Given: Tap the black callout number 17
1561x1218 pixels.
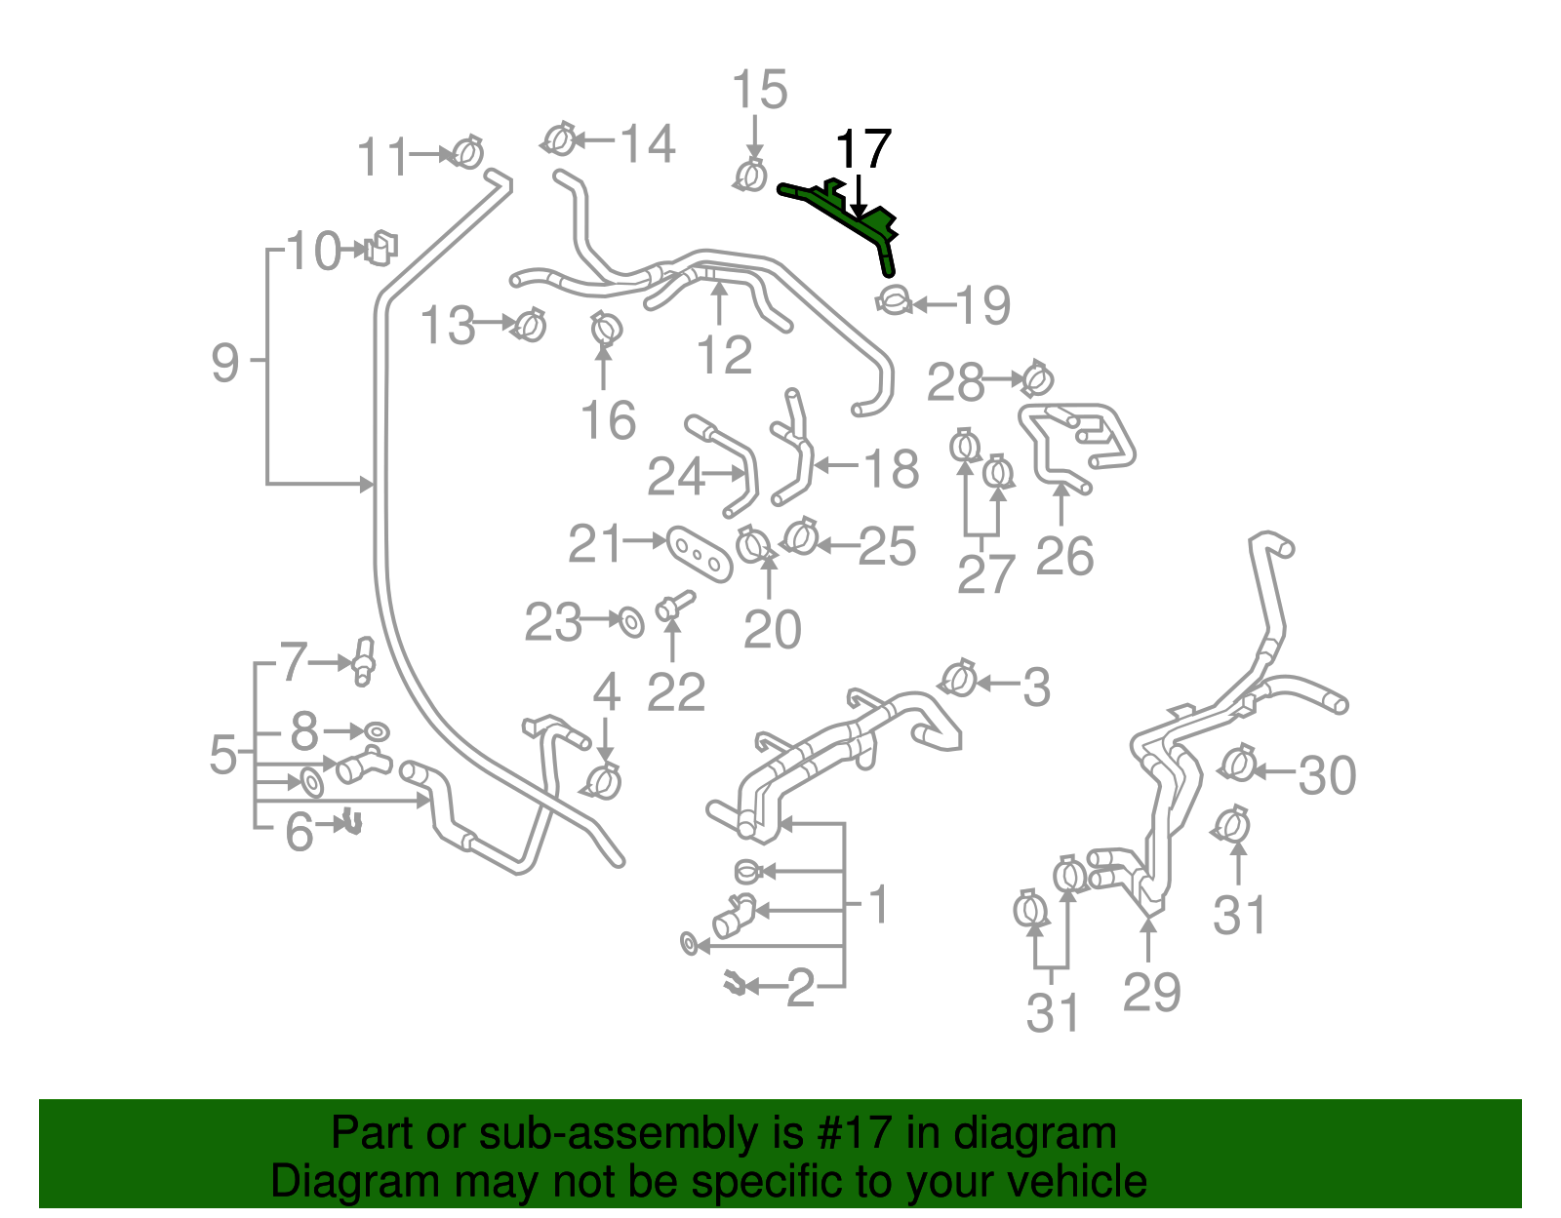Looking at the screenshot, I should (x=863, y=149).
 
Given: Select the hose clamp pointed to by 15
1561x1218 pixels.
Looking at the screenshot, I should (x=750, y=177).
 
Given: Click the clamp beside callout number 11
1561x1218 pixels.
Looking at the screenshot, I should (x=468, y=152).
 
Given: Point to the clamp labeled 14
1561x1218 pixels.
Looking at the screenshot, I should (x=558, y=139).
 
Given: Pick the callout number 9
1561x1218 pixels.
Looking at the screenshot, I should (x=224, y=364).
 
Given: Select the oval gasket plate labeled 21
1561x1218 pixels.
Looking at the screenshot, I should (x=700, y=554).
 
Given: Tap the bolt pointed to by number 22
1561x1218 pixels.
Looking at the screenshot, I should (x=673, y=605).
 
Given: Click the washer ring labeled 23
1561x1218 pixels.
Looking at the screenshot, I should (x=631, y=620).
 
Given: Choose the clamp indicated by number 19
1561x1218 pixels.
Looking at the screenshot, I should (x=894, y=299).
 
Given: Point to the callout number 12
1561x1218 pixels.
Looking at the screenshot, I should (x=724, y=355).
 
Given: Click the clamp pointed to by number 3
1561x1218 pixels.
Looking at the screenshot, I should (x=959, y=678).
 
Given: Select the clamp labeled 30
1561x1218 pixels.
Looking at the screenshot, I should (x=1238, y=764).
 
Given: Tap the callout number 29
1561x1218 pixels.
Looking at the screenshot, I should (x=1151, y=992).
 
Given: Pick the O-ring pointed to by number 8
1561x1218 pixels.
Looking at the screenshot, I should (x=377, y=730).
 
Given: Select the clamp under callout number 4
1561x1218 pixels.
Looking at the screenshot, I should (x=602, y=780).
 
